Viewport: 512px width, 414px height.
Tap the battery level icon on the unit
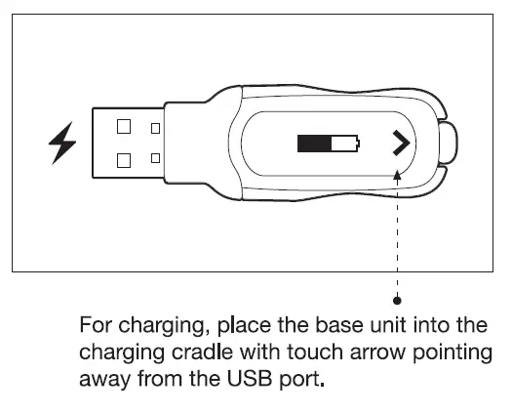[x=330, y=145]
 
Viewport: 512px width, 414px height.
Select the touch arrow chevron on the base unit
[x=398, y=145]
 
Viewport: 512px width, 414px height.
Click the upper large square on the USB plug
[x=124, y=126]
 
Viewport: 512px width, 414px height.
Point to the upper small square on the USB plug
[x=155, y=127]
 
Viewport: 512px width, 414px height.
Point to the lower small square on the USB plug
[x=155, y=157]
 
